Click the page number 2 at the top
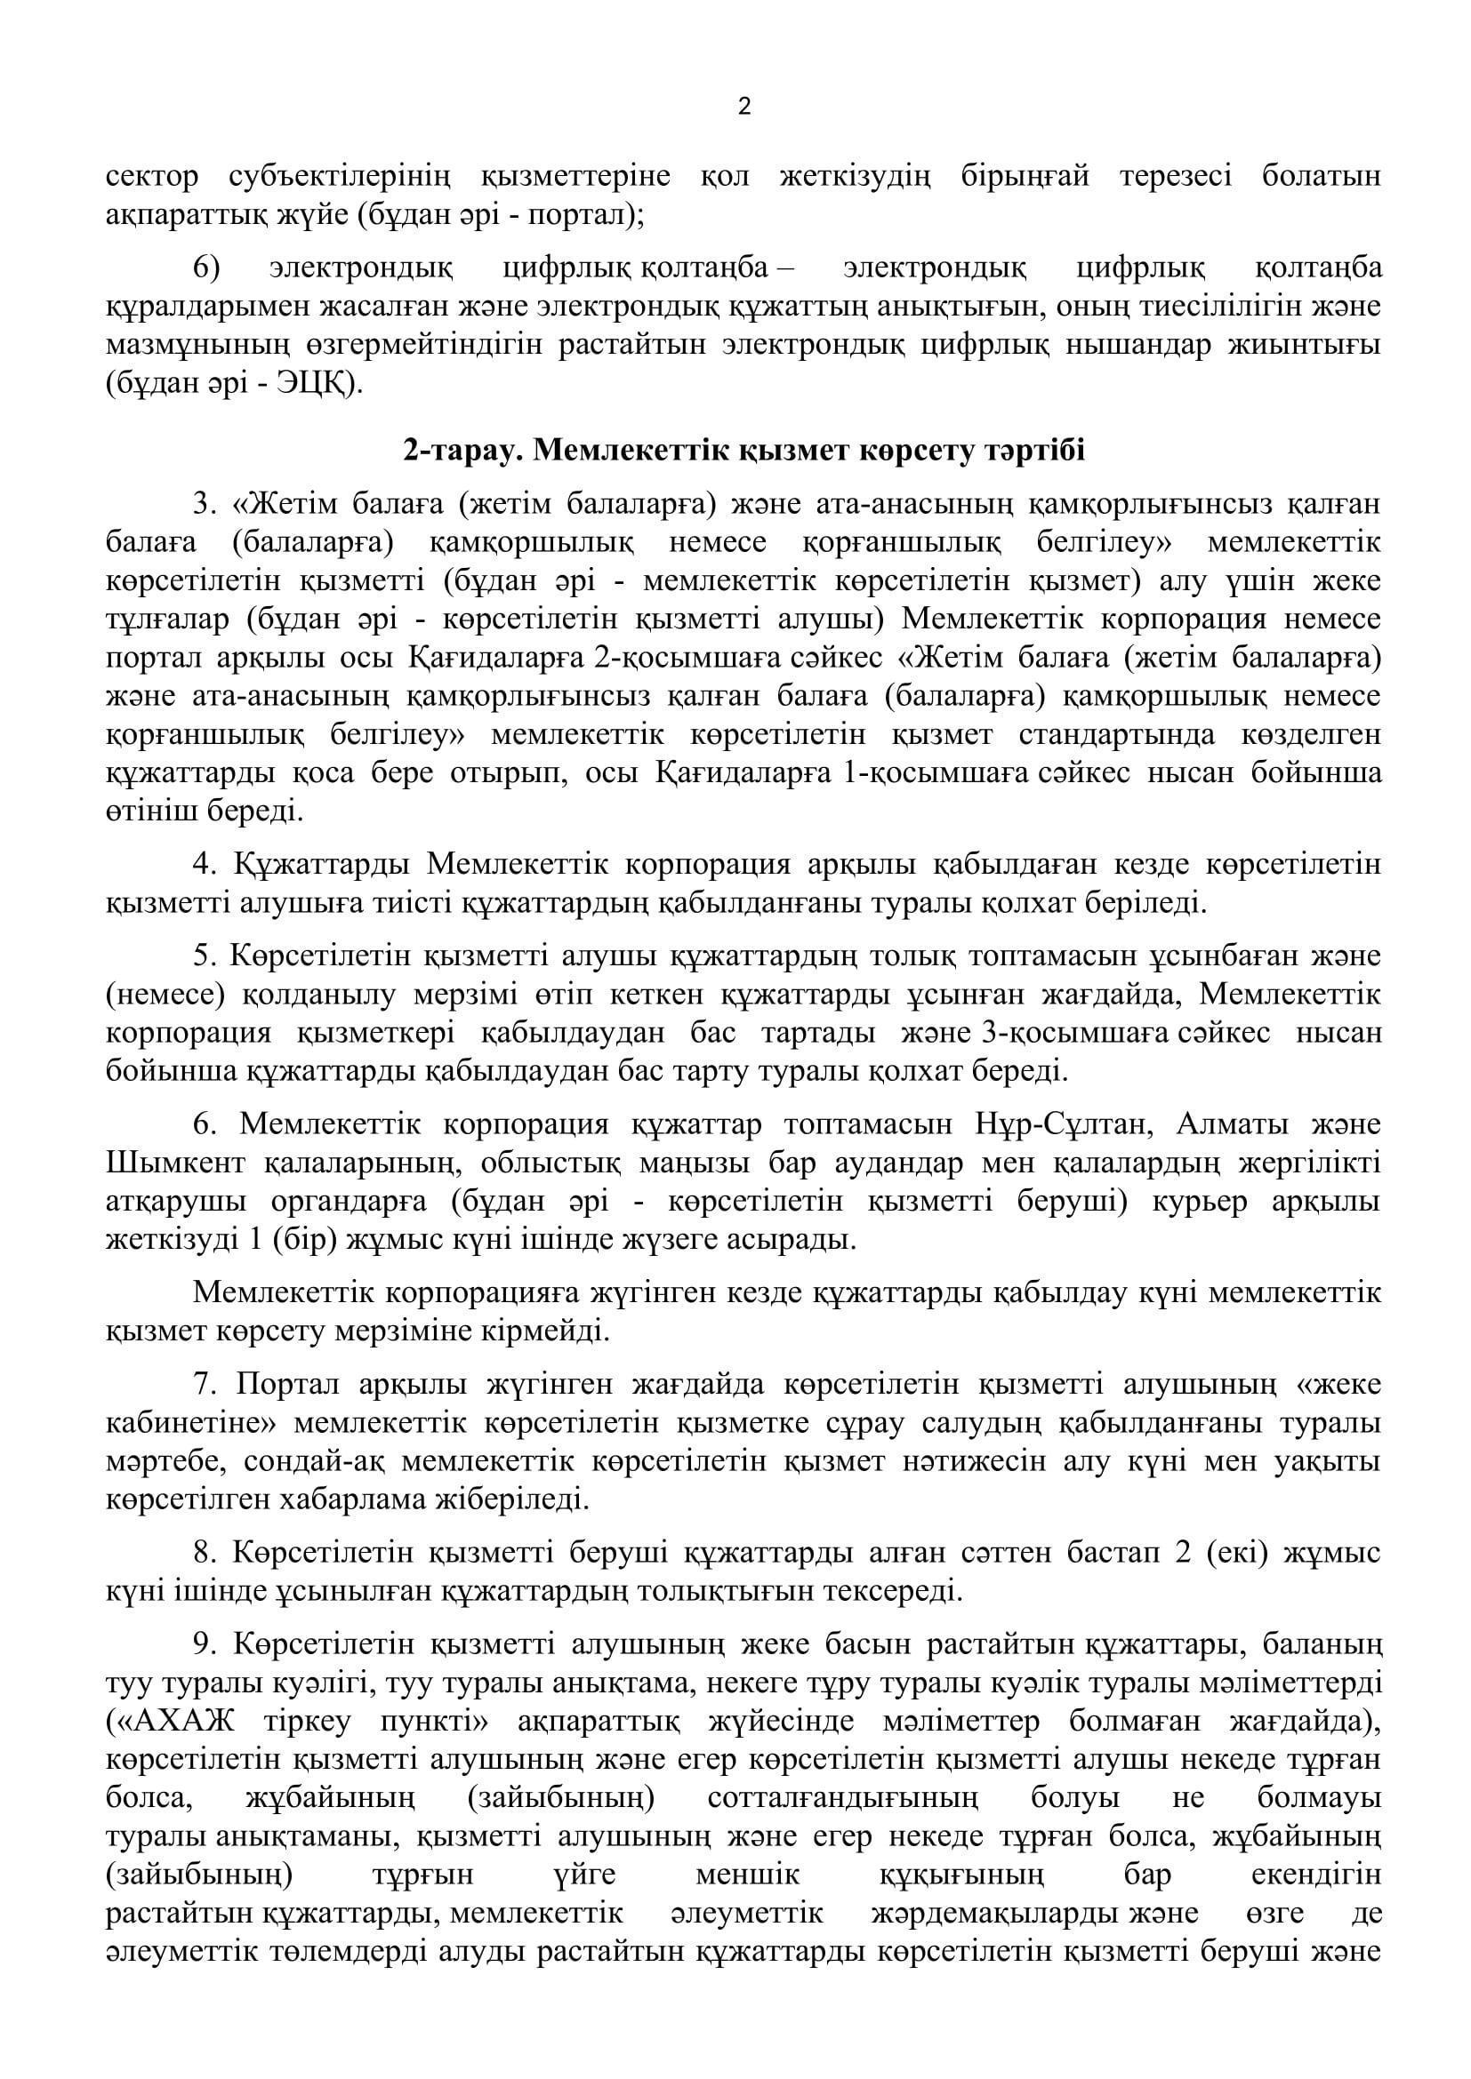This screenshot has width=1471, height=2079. point(744,108)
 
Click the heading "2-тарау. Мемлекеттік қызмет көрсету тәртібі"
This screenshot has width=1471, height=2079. point(744,451)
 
